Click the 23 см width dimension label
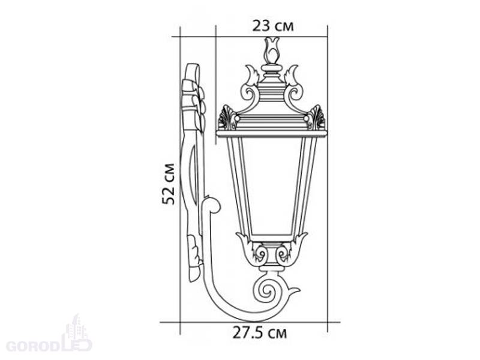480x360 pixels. click(273, 26)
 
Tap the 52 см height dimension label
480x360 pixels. click(169, 184)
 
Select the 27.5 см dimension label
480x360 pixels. click(260, 332)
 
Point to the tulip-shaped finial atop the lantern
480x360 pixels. click(272, 50)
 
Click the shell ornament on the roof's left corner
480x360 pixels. click(227, 117)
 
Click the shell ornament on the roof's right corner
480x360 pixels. click(316, 117)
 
